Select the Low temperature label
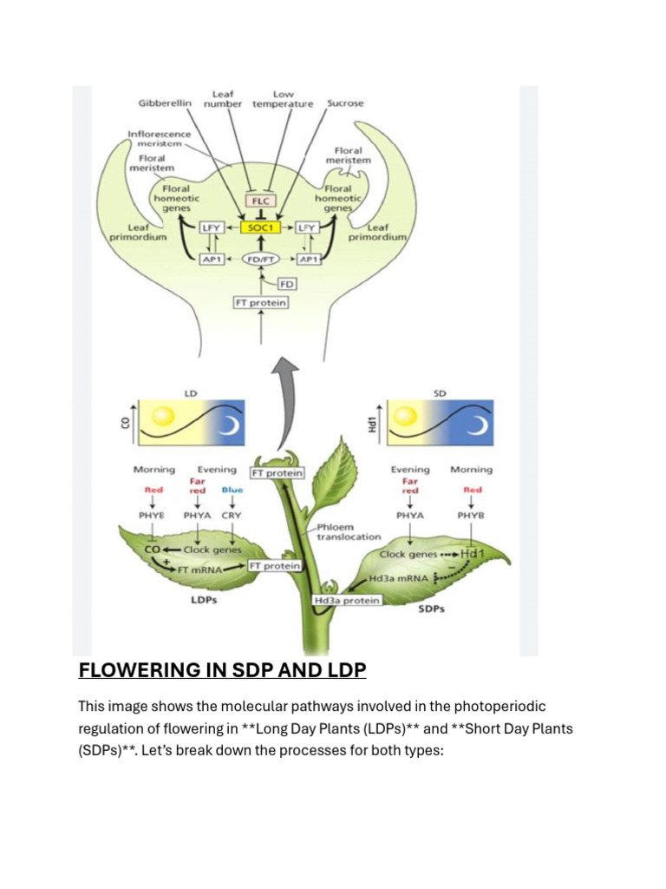coord(283,99)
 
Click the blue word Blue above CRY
coord(232,490)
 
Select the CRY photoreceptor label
coord(232,515)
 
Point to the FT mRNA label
coord(201,570)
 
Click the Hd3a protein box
coord(347,600)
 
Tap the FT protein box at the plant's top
coord(277,473)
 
